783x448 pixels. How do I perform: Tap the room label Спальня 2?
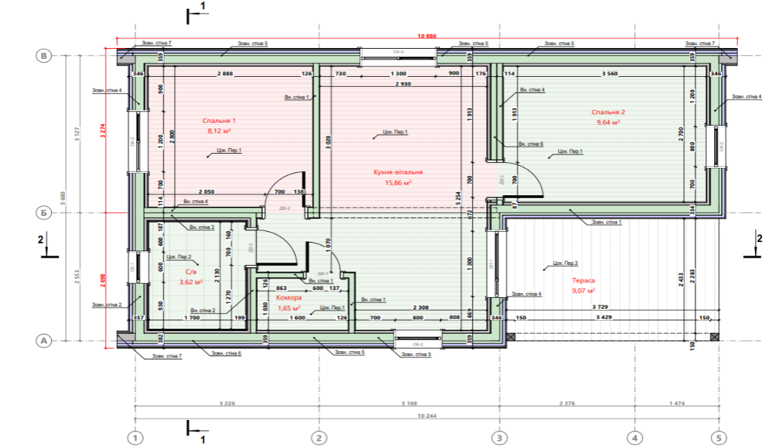608,112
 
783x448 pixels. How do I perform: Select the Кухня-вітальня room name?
397,172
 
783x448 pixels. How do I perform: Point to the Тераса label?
583,281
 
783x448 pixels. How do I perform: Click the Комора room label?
289,297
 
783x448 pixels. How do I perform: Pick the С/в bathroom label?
190,272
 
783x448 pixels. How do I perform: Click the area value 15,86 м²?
397,183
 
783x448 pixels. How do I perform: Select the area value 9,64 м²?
608,123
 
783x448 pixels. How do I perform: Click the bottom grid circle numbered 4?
634,437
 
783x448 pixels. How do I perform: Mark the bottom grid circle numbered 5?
718,437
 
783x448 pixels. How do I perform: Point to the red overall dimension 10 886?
427,36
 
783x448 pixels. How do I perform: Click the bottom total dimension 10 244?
427,416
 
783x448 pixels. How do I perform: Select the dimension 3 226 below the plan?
226,403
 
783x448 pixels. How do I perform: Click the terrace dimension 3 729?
601,307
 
